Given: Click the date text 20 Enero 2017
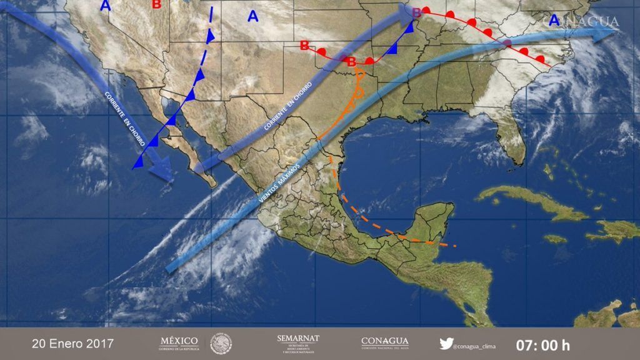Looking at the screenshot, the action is (x=72, y=344).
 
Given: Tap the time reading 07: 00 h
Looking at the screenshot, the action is (x=542, y=344).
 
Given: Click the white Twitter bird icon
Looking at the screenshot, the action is (x=446, y=343).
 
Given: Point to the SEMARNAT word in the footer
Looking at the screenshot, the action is (x=297, y=338).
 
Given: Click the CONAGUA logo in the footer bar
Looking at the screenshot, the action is (x=384, y=343).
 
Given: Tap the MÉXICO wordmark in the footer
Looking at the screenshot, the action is (x=179, y=341).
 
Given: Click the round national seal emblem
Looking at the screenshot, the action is (x=221, y=343).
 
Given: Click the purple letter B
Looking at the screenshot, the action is (x=416, y=11).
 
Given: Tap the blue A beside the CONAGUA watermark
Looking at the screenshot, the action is (x=554, y=20).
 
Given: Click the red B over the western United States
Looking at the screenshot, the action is (x=156, y=4).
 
